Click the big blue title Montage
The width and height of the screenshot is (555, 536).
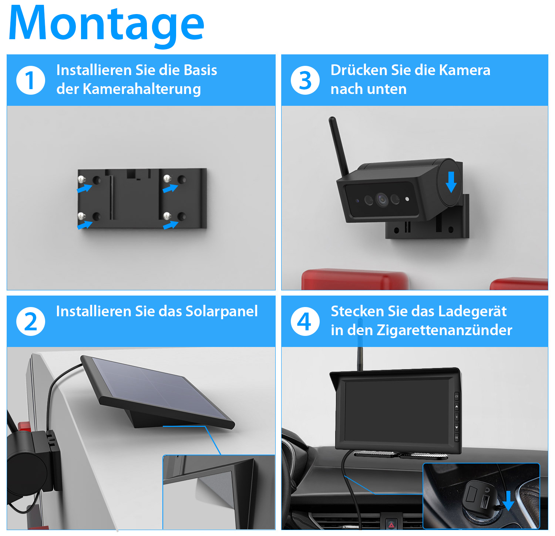[x=106, y=24]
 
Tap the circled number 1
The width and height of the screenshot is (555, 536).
[x=31, y=80]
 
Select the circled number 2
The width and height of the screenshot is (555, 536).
[x=31, y=321]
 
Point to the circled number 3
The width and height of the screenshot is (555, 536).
[x=305, y=80]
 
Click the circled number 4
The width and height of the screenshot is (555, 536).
[x=305, y=321]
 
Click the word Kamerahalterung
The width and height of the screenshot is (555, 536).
[x=142, y=89]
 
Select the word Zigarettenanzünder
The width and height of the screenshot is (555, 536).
[x=444, y=330]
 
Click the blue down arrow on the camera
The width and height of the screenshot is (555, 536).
[x=451, y=182]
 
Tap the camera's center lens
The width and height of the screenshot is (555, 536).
[x=381, y=200]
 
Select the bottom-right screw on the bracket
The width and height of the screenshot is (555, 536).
[x=167, y=216]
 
